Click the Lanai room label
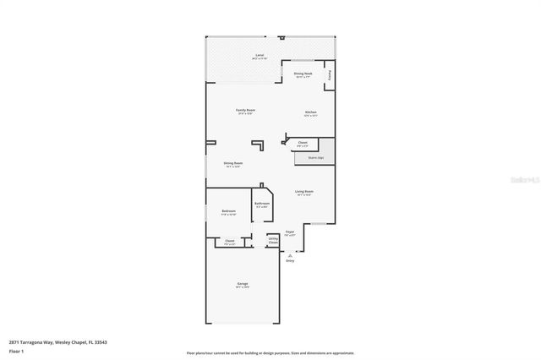(260, 56)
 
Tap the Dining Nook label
(303, 74)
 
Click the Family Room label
(245, 111)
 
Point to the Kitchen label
(310, 112)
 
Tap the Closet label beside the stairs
(303, 144)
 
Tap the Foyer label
(289, 231)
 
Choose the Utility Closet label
(273, 241)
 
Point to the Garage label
(243, 283)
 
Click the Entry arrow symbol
(290, 254)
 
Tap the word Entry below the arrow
(290, 261)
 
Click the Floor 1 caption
(16, 350)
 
